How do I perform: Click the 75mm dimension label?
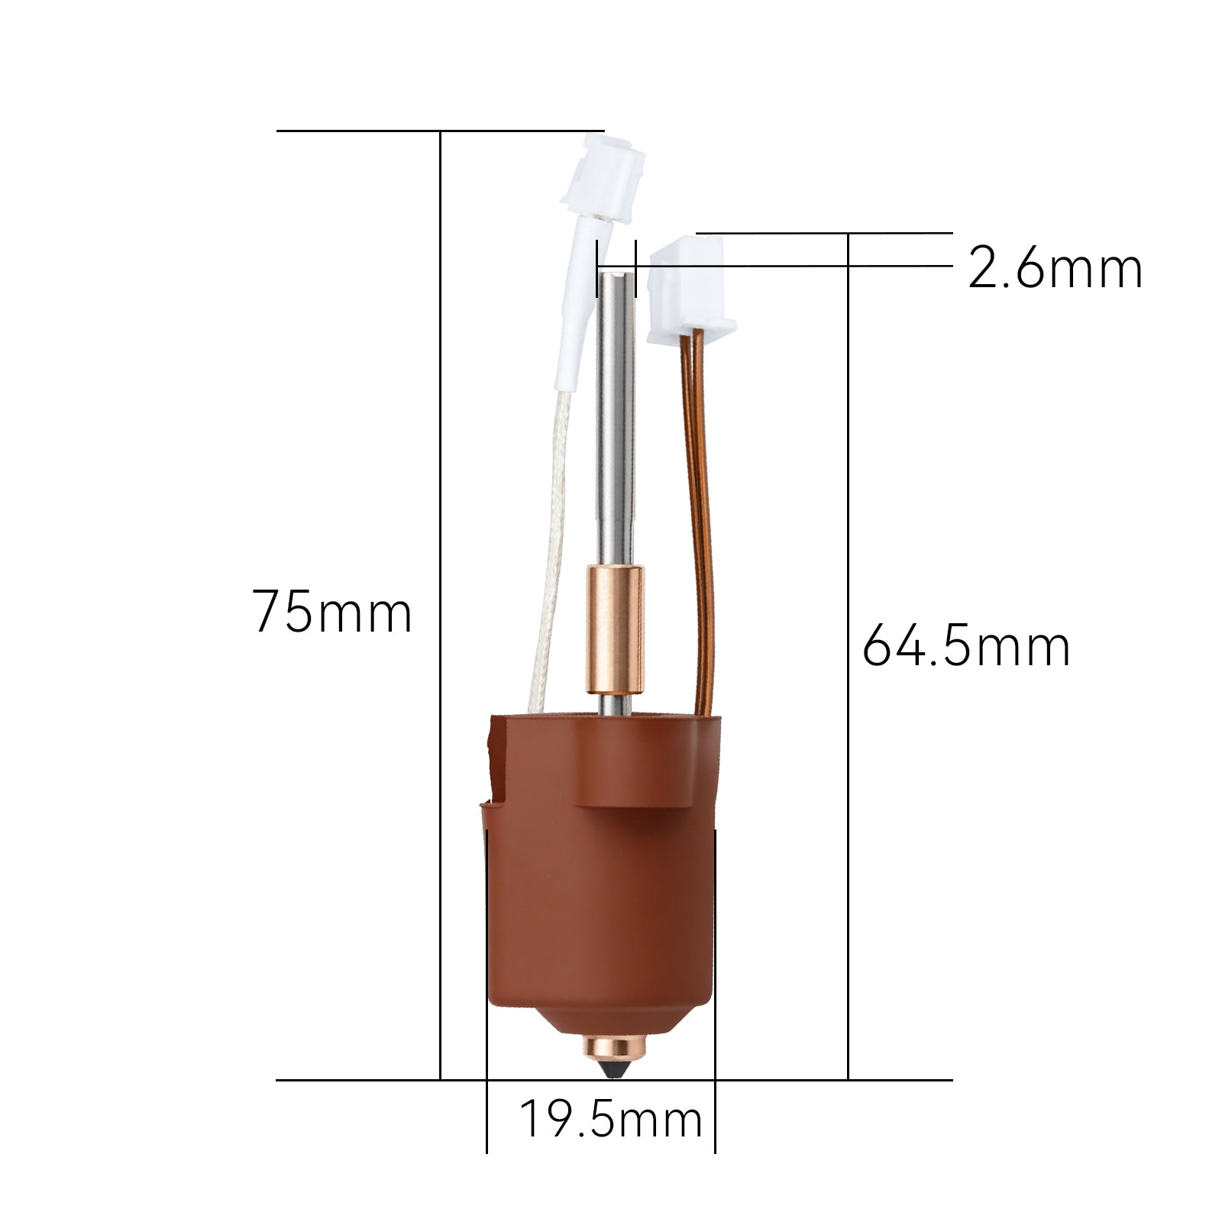(332, 613)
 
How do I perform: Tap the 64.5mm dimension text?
(966, 646)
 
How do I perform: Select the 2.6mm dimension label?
(1055, 269)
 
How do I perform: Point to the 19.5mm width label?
(610, 1120)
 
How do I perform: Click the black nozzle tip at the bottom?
(613, 1068)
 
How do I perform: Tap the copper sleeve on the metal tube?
(614, 629)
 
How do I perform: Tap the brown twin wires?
(702, 519)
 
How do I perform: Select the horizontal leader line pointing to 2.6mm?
(794, 267)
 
